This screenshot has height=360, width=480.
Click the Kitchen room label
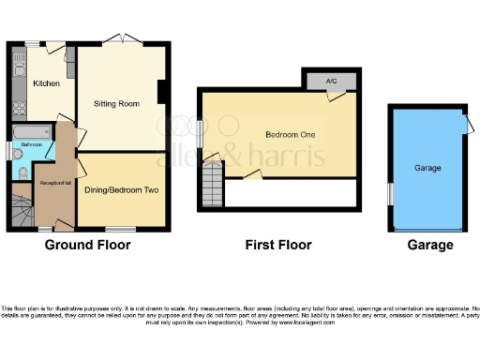(x=47, y=83)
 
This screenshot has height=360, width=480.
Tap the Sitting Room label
(x=116, y=104)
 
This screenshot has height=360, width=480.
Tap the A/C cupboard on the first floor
(x=331, y=81)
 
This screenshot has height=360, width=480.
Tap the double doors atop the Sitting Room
(x=123, y=38)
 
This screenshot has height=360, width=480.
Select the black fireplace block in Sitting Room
(x=163, y=92)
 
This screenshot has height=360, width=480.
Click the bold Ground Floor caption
(x=87, y=246)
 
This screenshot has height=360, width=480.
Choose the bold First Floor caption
(x=278, y=246)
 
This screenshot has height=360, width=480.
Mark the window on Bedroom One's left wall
(x=200, y=130)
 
